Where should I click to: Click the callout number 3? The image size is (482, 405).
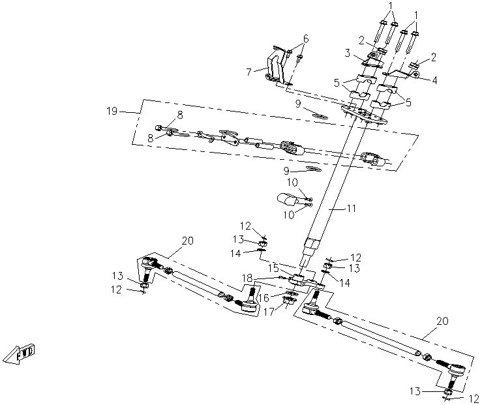point(348,53)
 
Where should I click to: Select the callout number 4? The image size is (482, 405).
point(434,80)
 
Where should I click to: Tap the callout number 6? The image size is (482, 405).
point(305,39)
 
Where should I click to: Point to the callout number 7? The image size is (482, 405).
point(249,72)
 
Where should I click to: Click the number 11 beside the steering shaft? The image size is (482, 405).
point(351,209)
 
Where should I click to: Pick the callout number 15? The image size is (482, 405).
point(273,268)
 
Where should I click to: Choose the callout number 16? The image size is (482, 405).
point(264,297)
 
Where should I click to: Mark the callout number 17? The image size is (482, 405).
point(269,312)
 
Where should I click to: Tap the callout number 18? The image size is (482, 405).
point(247,278)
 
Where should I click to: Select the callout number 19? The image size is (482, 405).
point(112,111)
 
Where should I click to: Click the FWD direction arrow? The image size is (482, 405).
point(20,355)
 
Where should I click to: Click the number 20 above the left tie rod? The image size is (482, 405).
point(187,241)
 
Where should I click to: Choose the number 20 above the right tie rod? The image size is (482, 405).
point(443,322)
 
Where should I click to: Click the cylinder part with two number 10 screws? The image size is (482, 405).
point(287,199)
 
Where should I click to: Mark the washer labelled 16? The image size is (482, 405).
point(291,293)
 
